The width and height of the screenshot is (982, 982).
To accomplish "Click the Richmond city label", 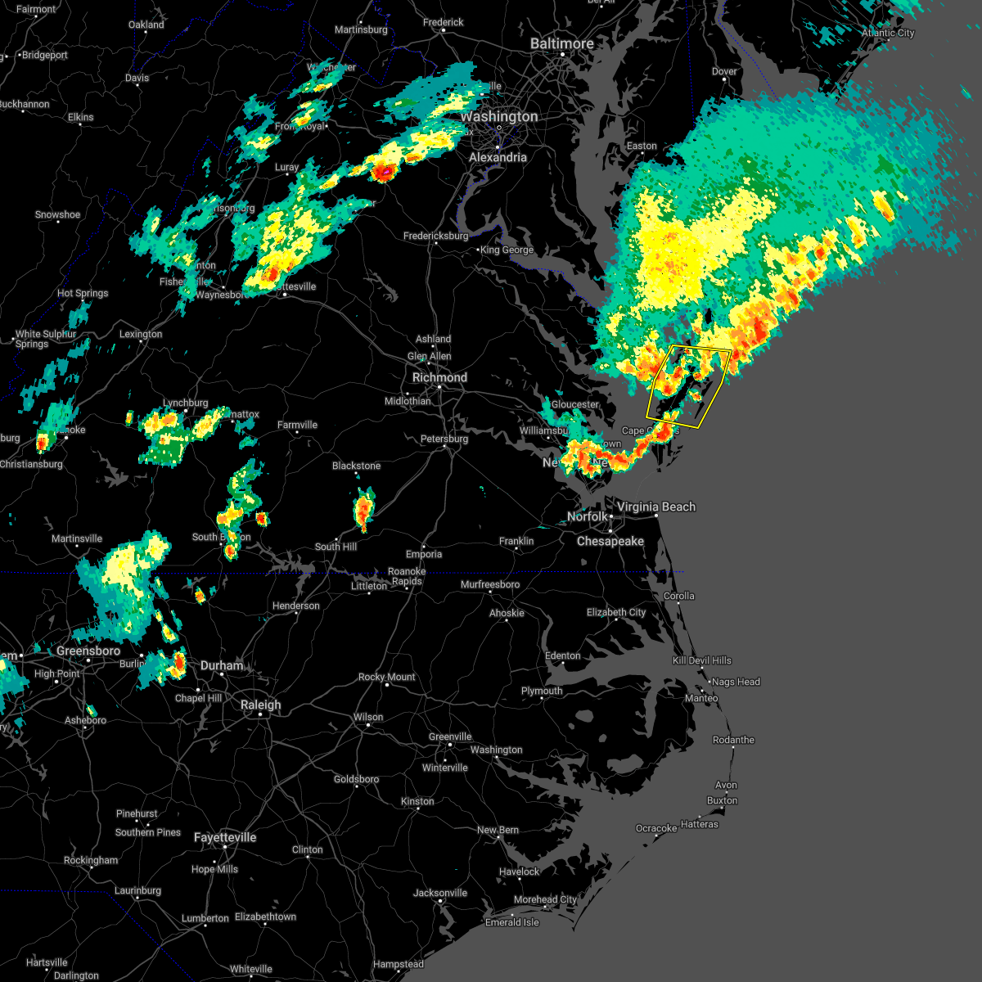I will [439, 377].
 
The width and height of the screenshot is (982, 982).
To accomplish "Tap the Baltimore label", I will [561, 43].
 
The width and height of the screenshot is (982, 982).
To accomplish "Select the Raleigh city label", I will [260, 705].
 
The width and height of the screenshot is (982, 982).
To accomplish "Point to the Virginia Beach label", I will [656, 507].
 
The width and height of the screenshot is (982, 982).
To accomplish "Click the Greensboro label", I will [88, 651].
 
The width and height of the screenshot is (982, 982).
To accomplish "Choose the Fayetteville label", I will [225, 837].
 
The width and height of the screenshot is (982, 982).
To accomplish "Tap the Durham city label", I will [222, 665].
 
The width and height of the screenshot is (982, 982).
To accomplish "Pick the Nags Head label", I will [736, 682].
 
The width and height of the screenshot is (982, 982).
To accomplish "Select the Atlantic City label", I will [888, 33].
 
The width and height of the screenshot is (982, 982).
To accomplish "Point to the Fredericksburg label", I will [436, 236].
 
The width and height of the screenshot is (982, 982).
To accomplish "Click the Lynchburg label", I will [186, 403].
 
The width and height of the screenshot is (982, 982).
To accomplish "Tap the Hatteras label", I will [699, 824].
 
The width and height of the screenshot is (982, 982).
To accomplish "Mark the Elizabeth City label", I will [616, 612].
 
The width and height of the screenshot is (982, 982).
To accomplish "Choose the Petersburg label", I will [444, 439].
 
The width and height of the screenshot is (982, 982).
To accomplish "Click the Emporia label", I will [424, 554].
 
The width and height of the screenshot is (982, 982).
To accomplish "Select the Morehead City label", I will [545, 899].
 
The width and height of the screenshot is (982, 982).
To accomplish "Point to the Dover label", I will [724, 71].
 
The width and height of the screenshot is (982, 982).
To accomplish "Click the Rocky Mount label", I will [387, 677].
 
